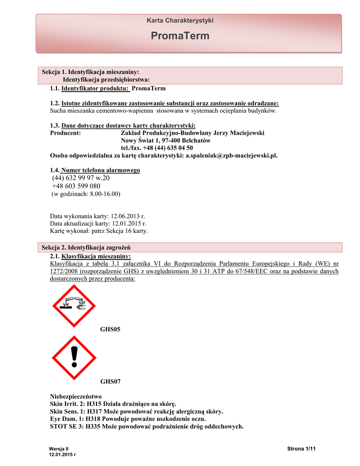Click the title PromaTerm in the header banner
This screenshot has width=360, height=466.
[180, 36]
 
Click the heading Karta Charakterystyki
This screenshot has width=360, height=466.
[180, 20]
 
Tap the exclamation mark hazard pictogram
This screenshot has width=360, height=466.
[73, 358]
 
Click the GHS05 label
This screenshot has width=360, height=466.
[110, 329]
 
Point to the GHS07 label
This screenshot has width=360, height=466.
[110, 381]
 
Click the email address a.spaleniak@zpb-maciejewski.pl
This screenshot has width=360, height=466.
[231, 155]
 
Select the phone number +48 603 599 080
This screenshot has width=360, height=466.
[76, 186]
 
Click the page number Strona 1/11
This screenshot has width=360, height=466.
[301, 449]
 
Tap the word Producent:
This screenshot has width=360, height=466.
[66, 133]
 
